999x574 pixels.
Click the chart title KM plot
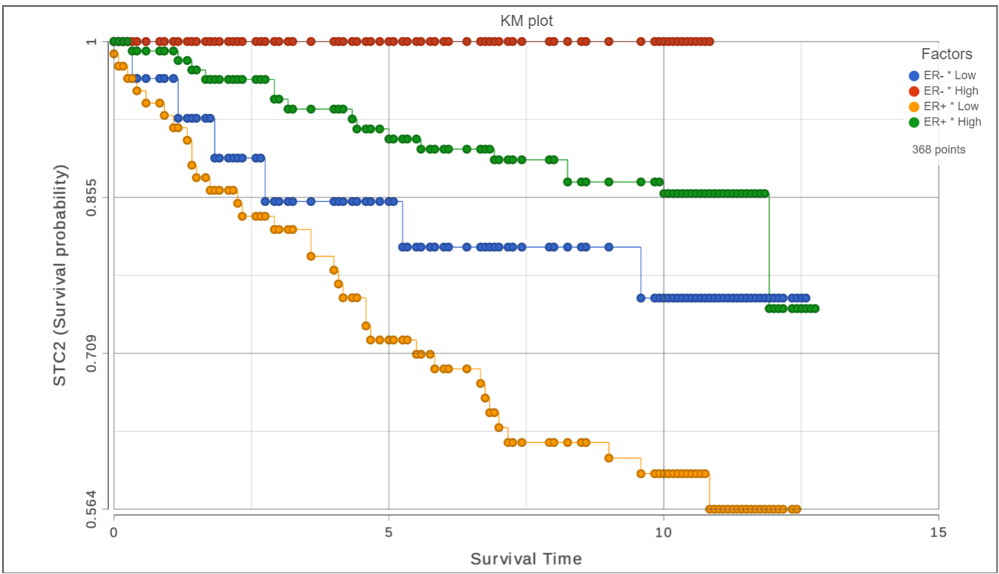click(x=526, y=21)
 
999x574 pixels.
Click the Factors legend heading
click(x=946, y=54)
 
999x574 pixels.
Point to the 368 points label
click(x=938, y=150)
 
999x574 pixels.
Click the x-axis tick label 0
click(x=114, y=533)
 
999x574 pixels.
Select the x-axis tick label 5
click(x=389, y=533)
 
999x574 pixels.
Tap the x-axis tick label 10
click(x=663, y=533)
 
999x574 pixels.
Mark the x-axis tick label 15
click(x=938, y=533)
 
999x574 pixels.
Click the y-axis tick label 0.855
click(x=92, y=197)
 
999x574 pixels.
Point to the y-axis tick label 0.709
click(x=92, y=353)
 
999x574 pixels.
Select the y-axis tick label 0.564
click(x=92, y=509)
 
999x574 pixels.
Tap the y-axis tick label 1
click(x=92, y=41)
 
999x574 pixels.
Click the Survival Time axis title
click(x=526, y=559)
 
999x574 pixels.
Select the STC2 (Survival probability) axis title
click(x=60, y=275)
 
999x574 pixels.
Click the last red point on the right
click(x=710, y=41)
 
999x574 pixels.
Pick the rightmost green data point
click(x=815, y=308)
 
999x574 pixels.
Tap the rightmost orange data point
click(x=797, y=509)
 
